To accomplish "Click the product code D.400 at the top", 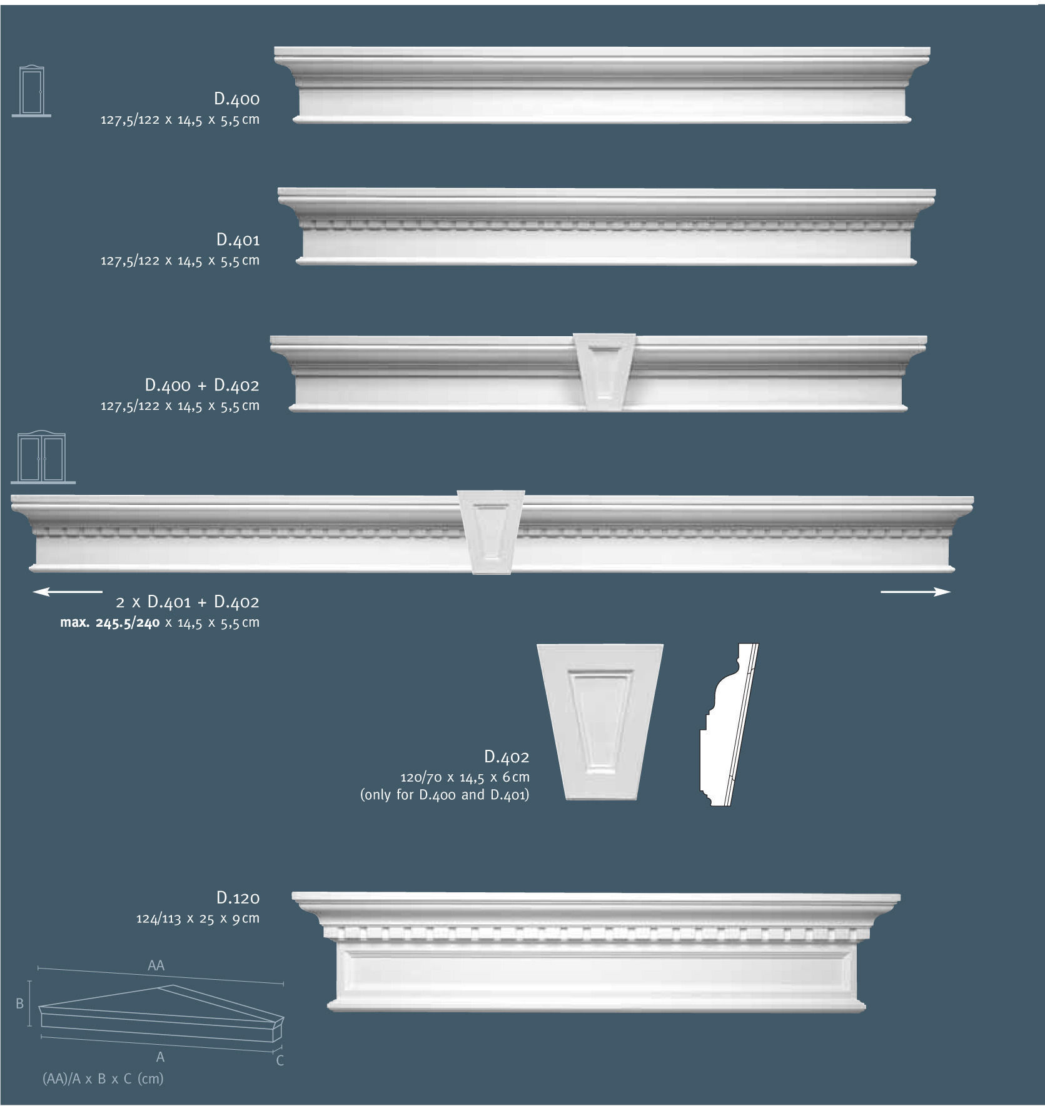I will pyautogui.click(x=236, y=99).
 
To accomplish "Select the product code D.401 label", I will pyautogui.click(x=238, y=240).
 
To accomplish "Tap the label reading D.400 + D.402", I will pyautogui.click(x=201, y=385).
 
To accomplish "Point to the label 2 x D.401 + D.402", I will pyautogui.click(x=187, y=602).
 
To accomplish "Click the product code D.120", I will pyautogui.click(x=238, y=898).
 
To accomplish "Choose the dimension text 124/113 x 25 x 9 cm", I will pyautogui.click(x=198, y=919).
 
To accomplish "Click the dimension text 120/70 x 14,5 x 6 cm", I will pyautogui.click(x=465, y=777).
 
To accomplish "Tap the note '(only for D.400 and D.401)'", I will pyautogui.click(x=445, y=795).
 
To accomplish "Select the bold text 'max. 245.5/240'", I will pyautogui.click(x=110, y=622).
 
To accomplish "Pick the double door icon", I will pyautogui.click(x=42, y=457).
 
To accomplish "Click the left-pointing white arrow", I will pyautogui.click(x=68, y=591).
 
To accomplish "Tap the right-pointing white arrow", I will pyautogui.click(x=916, y=592).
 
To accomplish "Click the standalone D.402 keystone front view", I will pyautogui.click(x=600, y=721).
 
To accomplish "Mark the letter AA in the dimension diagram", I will pyautogui.click(x=156, y=965).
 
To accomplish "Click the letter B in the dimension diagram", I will pyautogui.click(x=19, y=1004).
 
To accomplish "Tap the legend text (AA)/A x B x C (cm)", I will pyautogui.click(x=103, y=1079).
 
